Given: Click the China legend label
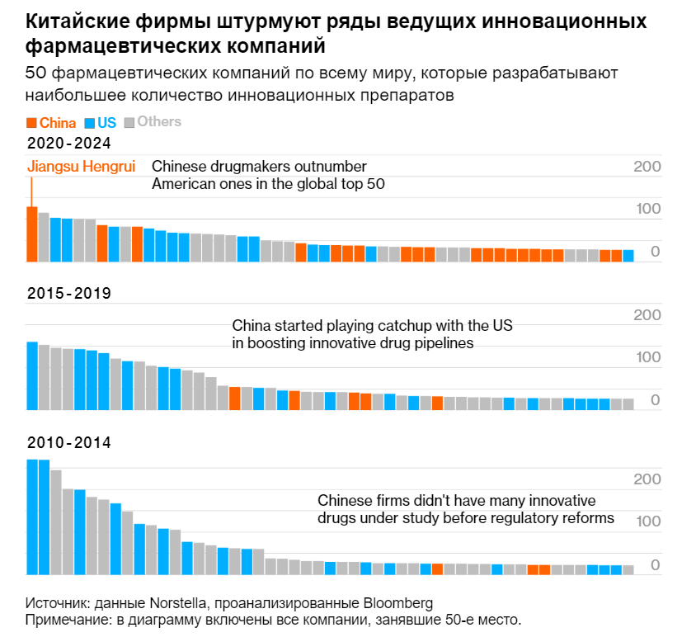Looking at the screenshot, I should tap(58, 123).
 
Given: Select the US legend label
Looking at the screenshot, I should tap(106, 123).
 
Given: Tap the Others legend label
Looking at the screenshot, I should tap(158, 122).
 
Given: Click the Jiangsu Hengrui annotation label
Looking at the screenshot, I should tap(81, 165).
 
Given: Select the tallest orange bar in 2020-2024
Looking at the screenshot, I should tap(32, 234).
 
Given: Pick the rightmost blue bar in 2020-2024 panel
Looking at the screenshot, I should tap(628, 255).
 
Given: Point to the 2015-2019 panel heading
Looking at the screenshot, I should tap(69, 293).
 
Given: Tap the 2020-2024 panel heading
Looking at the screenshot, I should tap(69, 144).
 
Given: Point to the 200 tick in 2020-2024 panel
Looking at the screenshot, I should tap(647, 167).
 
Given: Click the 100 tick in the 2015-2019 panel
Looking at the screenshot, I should tap(647, 357).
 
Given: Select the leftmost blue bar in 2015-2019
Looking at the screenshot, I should tap(32, 375).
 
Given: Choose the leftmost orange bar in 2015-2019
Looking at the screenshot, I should tap(235, 398).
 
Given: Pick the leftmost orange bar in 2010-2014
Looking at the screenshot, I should tap(437, 569).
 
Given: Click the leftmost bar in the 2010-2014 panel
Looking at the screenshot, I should tap(32, 517).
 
